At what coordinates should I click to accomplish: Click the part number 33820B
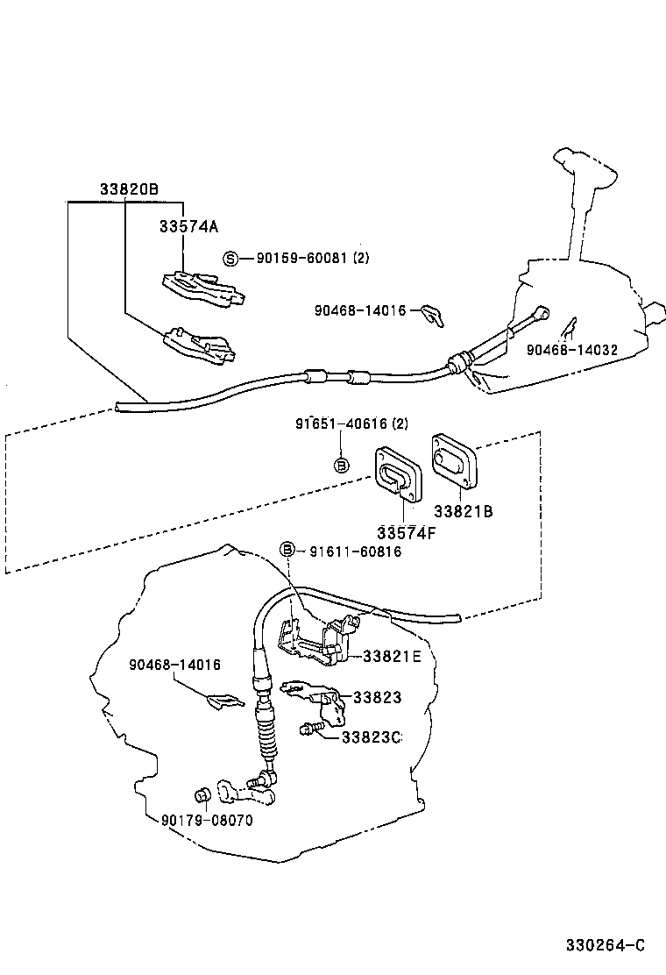(128, 189)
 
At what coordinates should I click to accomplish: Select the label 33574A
(188, 226)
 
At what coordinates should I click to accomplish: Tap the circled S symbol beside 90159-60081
(230, 258)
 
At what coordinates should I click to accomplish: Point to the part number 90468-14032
(572, 350)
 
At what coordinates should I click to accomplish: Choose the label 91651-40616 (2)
(351, 423)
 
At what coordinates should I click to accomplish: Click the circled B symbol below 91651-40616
(343, 465)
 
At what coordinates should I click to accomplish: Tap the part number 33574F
(407, 532)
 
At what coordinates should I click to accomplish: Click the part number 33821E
(392, 656)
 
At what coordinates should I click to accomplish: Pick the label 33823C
(372, 737)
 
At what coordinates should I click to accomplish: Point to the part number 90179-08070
(207, 821)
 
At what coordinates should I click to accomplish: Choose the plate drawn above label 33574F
(399, 476)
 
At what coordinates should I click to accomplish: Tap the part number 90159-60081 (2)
(313, 259)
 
